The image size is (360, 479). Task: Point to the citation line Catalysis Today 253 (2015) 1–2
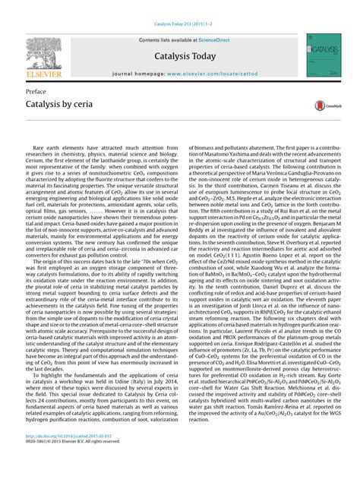click(x=180, y=7)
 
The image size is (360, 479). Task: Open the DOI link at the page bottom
click(x=69, y=456)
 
